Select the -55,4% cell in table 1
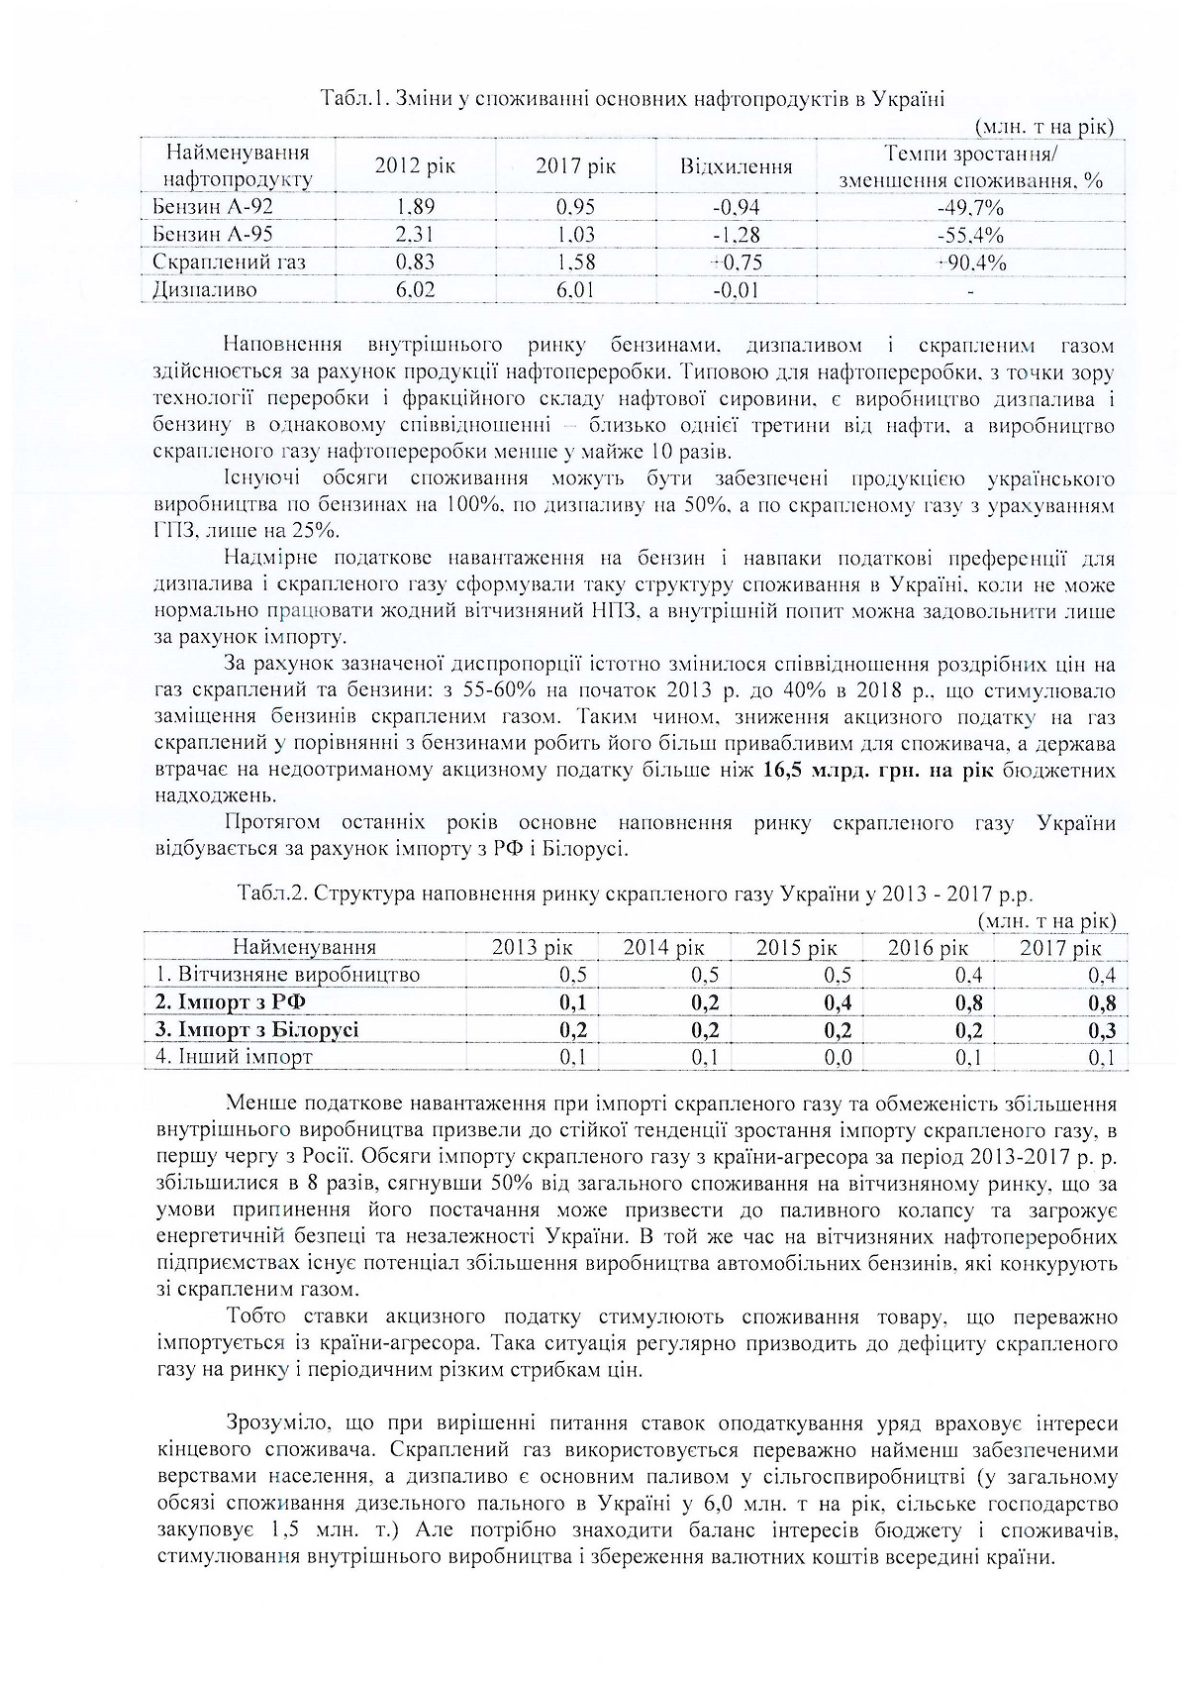[970, 235]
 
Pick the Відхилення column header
[736, 166]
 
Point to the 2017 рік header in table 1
[575, 166]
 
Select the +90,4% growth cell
[970, 263]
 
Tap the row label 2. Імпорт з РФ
[231, 1002]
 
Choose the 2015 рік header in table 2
[796, 947]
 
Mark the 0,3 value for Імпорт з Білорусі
[1102, 1030]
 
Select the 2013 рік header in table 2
[533, 947]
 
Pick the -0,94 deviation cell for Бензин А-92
[736, 207]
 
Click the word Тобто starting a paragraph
[256, 1318]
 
